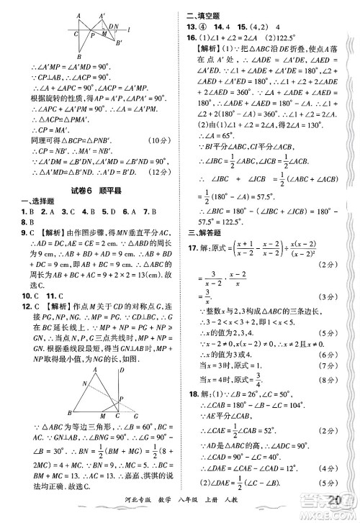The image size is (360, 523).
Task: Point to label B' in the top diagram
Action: (120, 41)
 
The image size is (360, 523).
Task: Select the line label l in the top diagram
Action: (127, 30)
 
